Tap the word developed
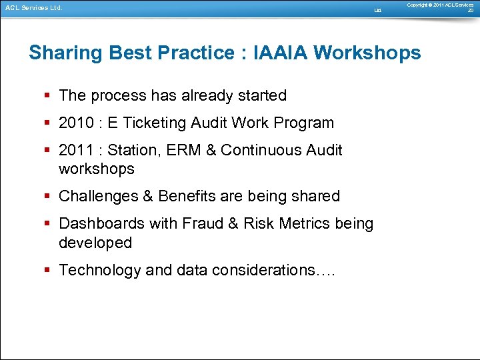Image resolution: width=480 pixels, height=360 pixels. (x=95, y=243)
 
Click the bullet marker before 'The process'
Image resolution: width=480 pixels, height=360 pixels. (x=49, y=95)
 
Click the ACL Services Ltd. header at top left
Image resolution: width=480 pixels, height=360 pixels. (x=33, y=8)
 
